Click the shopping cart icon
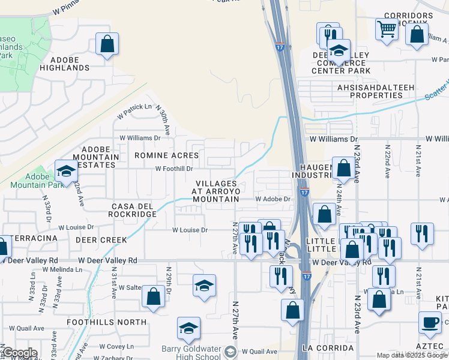[387, 28]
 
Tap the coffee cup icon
[429, 322]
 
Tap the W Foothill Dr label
[175, 169]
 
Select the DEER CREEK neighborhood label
[101, 240]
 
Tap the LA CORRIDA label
[328, 348]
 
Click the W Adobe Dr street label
[273, 199]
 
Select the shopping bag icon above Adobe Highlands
[107, 44]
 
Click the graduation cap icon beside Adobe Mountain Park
[65, 171]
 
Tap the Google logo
[20, 353]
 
